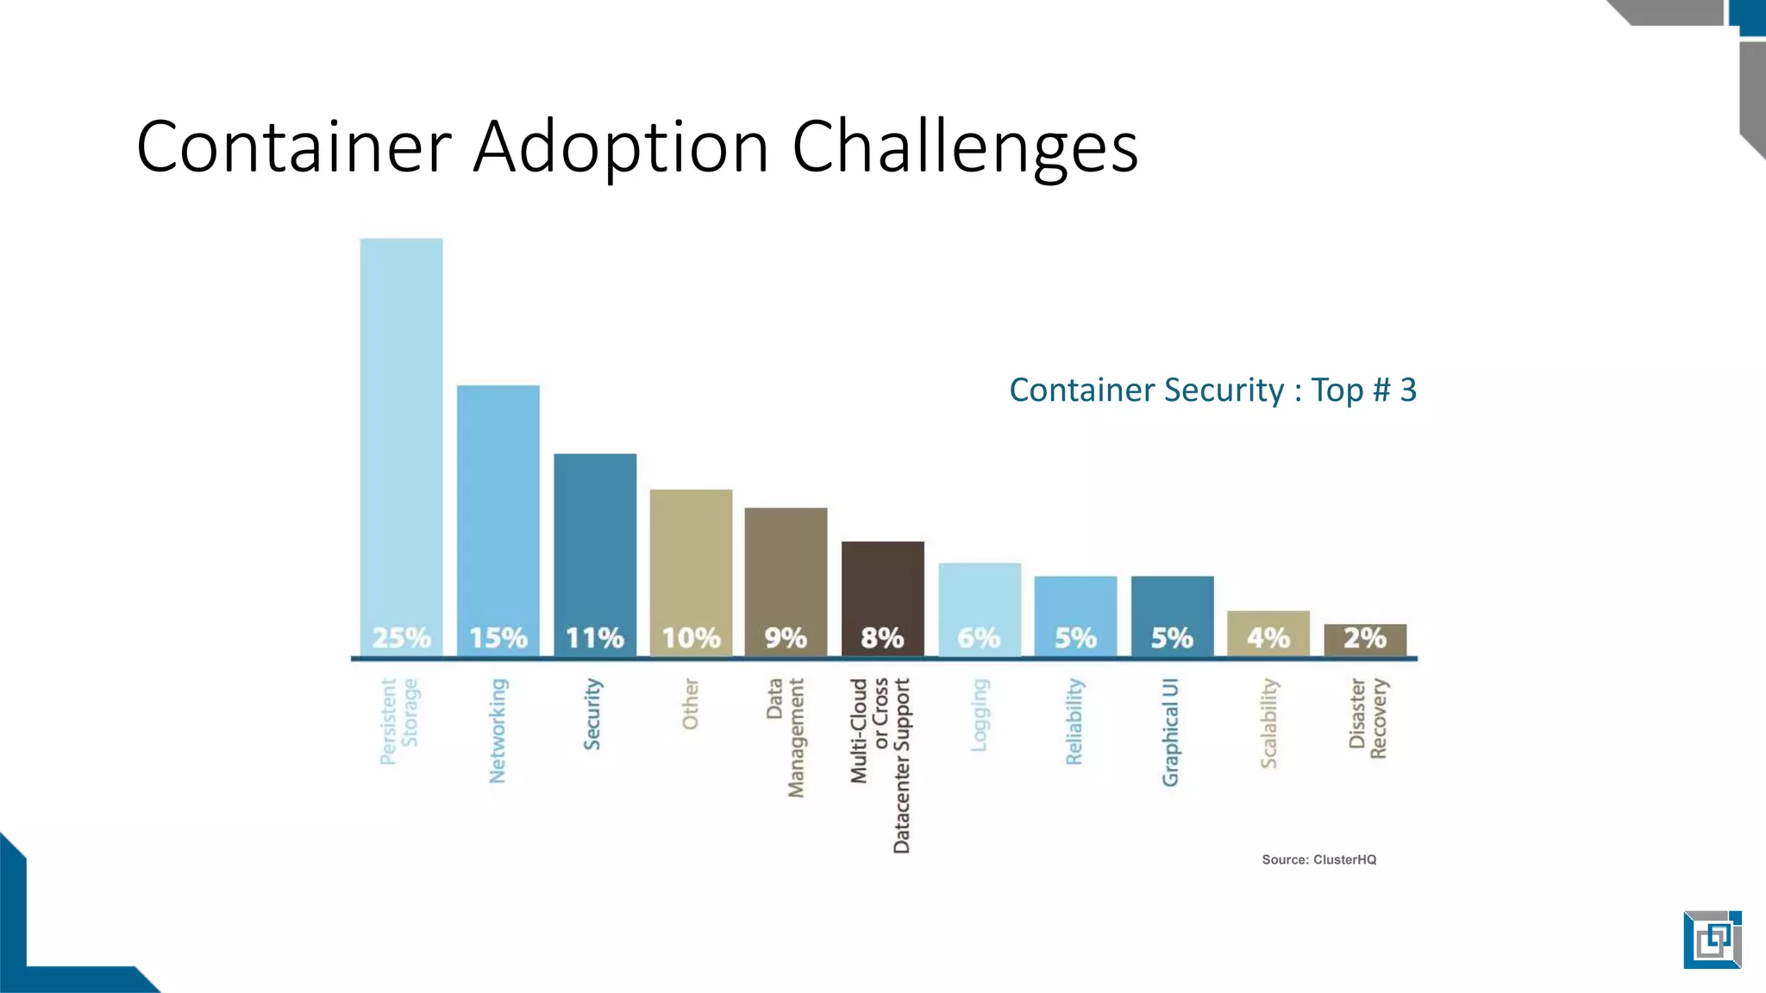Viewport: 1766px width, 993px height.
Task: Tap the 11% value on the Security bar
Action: [594, 638]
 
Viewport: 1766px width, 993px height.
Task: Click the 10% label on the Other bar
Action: [691, 638]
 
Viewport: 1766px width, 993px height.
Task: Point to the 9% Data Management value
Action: [786, 638]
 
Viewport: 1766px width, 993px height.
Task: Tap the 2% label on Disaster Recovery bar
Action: [1365, 638]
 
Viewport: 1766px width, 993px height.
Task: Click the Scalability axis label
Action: [1268, 722]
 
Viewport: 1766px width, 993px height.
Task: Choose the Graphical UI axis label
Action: [1170, 732]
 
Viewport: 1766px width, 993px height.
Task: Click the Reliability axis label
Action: [1074, 721]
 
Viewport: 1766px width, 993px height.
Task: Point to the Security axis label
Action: [592, 714]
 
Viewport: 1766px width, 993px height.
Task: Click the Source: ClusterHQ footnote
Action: [1318, 859]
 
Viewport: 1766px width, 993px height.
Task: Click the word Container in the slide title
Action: [294, 147]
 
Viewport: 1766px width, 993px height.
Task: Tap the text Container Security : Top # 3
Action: [1212, 390]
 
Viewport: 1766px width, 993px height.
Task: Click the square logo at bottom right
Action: [1712, 939]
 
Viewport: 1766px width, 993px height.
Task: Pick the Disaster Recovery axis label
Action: [1368, 718]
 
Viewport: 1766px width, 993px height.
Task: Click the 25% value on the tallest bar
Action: [401, 638]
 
